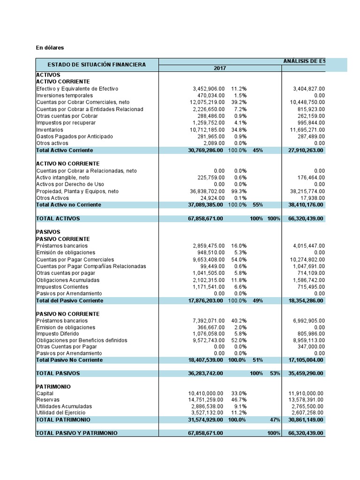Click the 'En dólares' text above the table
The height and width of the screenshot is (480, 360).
(50, 47)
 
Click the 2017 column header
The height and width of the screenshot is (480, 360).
(219, 68)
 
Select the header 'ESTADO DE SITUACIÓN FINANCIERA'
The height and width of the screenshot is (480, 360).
(97, 65)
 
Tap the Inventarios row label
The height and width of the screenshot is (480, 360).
(49, 129)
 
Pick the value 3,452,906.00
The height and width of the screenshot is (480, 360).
(209, 89)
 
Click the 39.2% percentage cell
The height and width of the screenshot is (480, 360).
(239, 102)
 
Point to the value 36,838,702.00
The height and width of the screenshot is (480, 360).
(207, 191)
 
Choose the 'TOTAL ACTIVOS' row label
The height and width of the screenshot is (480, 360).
(58, 218)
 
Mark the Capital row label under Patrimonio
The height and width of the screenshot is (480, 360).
(45, 393)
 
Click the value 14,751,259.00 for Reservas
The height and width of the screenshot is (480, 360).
(207, 399)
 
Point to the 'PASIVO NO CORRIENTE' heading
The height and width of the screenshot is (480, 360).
(67, 314)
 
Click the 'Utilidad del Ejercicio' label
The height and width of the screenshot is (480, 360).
(61, 412)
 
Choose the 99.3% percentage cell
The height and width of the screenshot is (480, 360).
(239, 191)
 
